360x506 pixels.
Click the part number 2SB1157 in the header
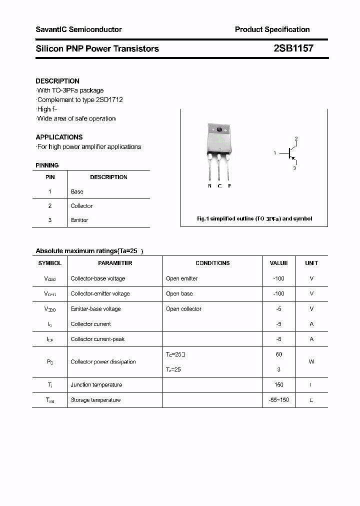coord(293,48)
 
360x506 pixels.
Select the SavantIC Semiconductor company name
coord(78,29)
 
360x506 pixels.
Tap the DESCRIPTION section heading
coord(57,81)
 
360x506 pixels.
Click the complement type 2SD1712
coord(109,99)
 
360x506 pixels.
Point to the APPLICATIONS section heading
coord(59,137)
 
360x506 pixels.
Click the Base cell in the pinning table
coord(77,191)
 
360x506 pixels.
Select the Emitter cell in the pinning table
coord(79,220)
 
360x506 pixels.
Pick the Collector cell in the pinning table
coord(81,206)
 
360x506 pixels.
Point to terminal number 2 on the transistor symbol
coord(296,138)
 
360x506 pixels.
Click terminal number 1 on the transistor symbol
coord(274,153)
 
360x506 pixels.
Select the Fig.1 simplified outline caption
coord(254,219)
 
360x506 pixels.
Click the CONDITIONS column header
coord(212,263)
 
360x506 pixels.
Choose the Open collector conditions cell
coord(183,309)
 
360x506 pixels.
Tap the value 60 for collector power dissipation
coord(278,354)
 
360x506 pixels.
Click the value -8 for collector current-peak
coord(278,339)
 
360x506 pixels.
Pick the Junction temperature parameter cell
coord(96,384)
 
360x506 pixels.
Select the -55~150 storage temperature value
coord(278,400)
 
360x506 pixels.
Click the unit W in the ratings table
coord(311,361)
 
